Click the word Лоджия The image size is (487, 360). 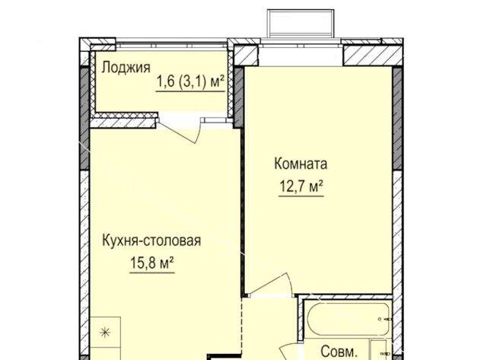pyautogui.click(x=126, y=68)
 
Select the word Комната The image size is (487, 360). pyautogui.click(x=301, y=164)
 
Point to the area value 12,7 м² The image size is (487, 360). pyautogui.click(x=301, y=186)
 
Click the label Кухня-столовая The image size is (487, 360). pyautogui.click(x=151, y=241)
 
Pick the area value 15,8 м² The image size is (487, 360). pyautogui.click(x=152, y=263)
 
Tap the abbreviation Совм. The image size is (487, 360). pyautogui.click(x=339, y=352)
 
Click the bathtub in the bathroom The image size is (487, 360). pyautogui.click(x=349, y=319)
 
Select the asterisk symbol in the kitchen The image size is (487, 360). pyautogui.click(x=105, y=333)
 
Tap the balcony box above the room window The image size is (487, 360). pyautogui.click(x=301, y=24)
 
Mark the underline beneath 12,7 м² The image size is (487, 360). pyautogui.click(x=301, y=196)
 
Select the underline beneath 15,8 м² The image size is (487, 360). pyautogui.click(x=152, y=272)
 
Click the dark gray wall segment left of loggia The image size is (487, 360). pyautogui.click(x=84, y=118)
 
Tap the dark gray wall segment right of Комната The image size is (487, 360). pyautogui.click(x=397, y=118)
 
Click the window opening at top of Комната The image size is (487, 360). pyautogui.click(x=301, y=55)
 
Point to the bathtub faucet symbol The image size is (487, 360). pyautogui.click(x=384, y=319)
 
